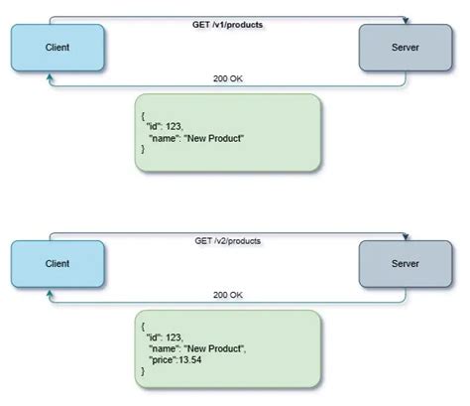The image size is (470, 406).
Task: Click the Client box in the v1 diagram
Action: coord(56,48)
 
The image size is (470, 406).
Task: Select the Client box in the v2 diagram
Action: coord(56,265)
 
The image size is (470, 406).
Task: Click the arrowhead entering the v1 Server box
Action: coord(405,21)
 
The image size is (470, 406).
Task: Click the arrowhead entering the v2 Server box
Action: coord(405,239)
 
